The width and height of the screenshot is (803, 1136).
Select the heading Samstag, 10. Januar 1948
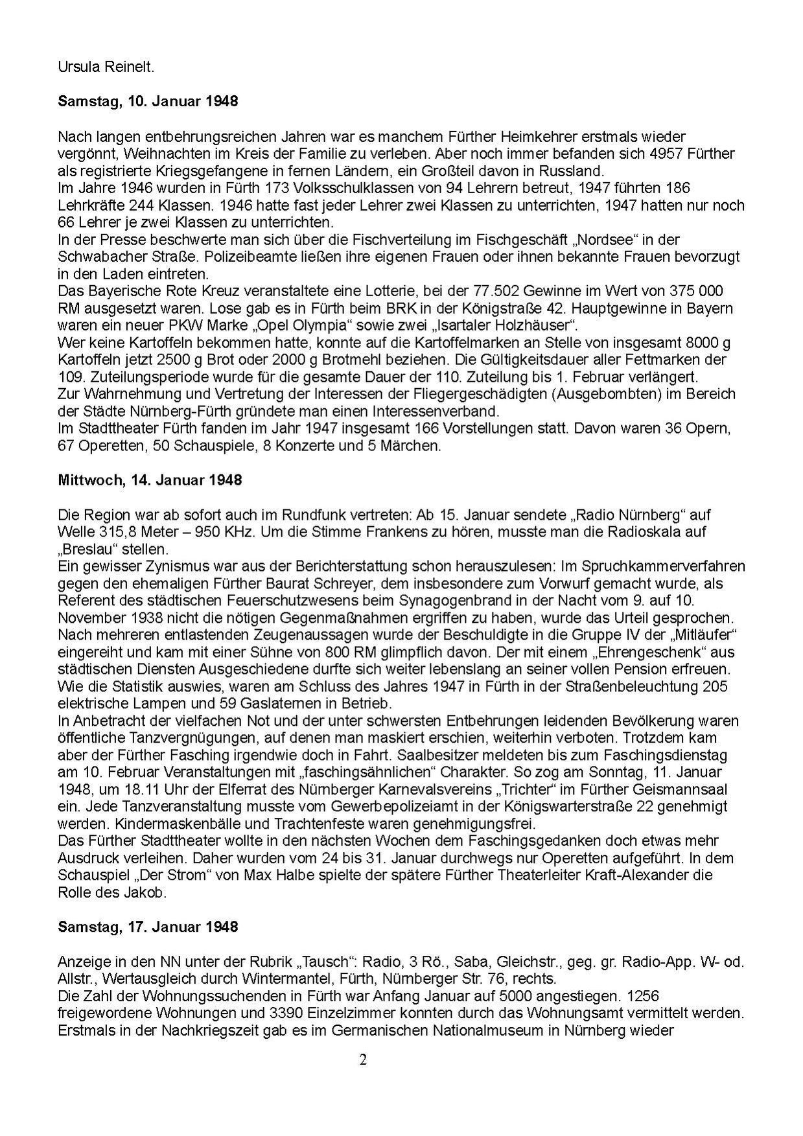[x=148, y=101]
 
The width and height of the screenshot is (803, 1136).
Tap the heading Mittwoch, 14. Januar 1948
[x=150, y=480]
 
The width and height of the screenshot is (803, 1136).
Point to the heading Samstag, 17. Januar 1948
[x=148, y=927]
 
